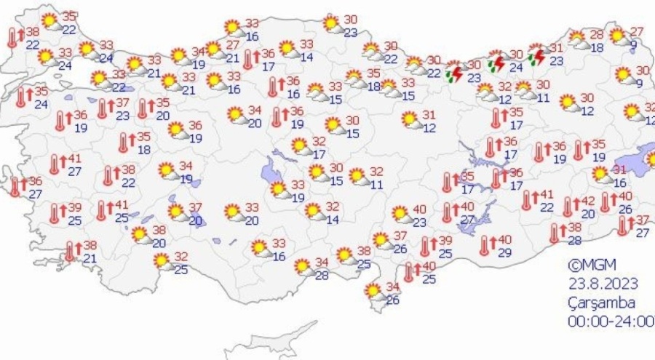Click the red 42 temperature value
tap(588, 201)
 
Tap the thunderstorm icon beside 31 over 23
tap(537, 57)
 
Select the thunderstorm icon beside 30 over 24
tap(496, 63)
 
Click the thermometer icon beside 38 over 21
tap(71, 252)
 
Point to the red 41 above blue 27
tap(74, 159)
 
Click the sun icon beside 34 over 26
tap(374, 292)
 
